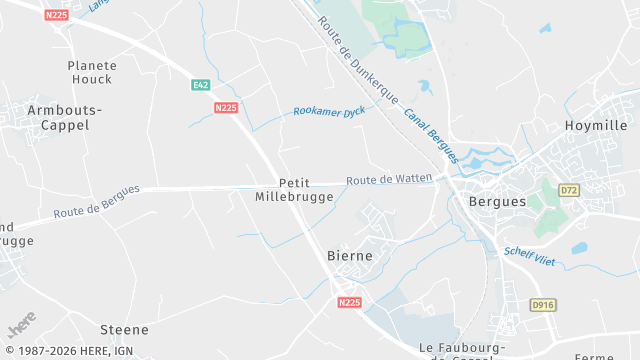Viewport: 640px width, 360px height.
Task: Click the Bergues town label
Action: (x=497, y=201)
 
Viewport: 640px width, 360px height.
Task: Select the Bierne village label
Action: (x=350, y=256)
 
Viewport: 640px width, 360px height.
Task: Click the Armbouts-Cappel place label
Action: (x=58, y=117)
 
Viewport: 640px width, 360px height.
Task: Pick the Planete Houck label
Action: (x=92, y=72)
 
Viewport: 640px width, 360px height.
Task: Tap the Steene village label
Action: (x=124, y=329)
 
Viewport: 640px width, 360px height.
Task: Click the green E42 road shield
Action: (x=201, y=85)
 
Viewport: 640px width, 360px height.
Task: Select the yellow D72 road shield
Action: (x=569, y=189)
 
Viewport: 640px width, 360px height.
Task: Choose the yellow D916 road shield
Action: (x=542, y=303)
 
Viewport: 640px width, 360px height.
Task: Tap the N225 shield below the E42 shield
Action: (x=226, y=107)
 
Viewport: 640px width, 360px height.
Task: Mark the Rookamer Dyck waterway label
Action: (x=329, y=112)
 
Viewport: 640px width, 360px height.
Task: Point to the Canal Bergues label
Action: (x=431, y=135)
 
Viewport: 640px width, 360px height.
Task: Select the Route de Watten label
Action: (x=389, y=180)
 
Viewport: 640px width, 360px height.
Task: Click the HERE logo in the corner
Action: (x=22, y=328)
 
